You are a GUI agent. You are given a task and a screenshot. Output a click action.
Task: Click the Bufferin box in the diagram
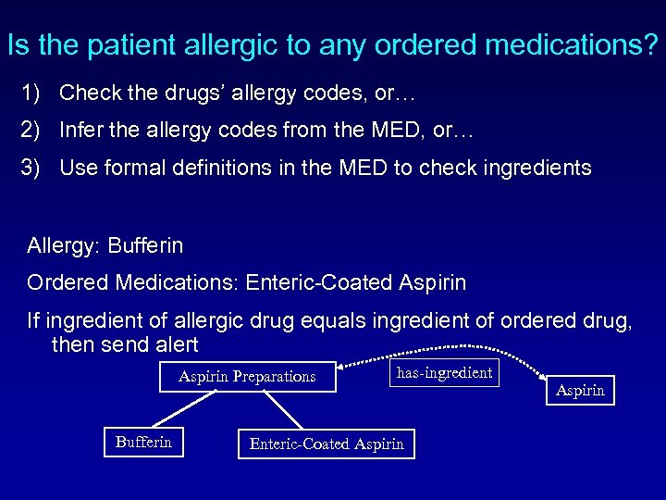[143, 442]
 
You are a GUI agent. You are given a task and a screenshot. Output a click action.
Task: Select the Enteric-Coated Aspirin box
[327, 444]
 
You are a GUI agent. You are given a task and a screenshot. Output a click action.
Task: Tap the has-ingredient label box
[444, 373]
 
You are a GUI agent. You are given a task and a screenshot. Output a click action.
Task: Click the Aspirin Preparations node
[247, 376]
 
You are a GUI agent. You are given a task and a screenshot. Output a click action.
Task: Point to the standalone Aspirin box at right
[580, 390]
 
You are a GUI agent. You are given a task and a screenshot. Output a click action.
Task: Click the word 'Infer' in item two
[80, 131]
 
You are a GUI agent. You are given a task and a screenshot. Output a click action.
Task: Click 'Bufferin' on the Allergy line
[145, 246]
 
